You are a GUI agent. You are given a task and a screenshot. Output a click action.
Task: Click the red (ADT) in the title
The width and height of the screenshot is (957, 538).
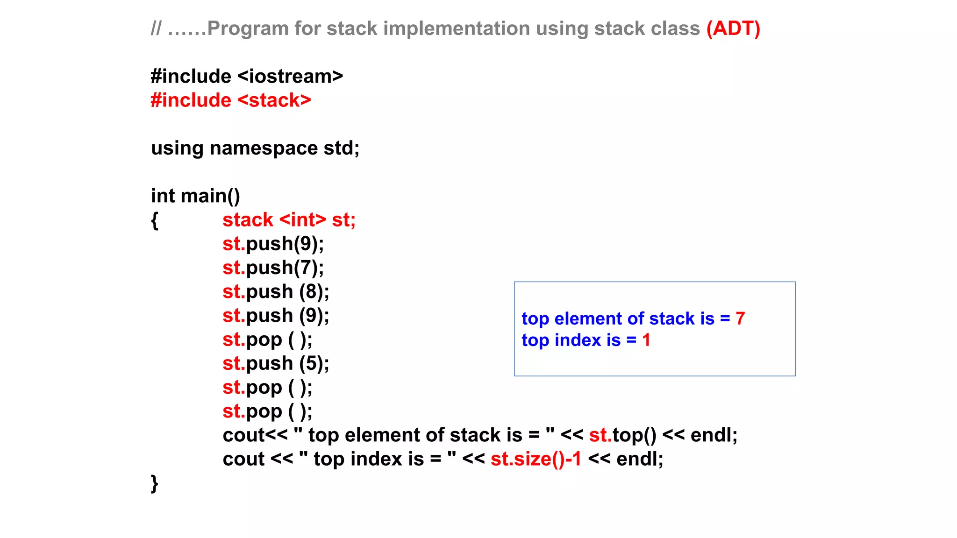[733, 28]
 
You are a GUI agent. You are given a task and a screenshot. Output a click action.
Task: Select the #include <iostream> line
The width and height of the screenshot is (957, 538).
[247, 77]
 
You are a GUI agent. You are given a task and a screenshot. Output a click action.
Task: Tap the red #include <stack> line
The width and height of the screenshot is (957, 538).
[231, 100]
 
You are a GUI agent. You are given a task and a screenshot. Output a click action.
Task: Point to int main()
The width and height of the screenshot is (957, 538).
[195, 196]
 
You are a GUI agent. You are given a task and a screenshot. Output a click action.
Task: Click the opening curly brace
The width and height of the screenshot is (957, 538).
[155, 220]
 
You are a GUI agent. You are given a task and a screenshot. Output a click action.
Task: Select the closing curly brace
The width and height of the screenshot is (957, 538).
[155, 483]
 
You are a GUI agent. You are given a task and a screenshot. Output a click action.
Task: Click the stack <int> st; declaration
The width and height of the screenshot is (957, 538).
[289, 220]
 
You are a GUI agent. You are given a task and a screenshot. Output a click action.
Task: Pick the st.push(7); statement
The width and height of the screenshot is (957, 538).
[273, 268]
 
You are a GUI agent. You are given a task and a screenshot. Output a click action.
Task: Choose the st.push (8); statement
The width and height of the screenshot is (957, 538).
[276, 292]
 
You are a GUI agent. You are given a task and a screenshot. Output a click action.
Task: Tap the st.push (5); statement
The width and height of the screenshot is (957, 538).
[276, 364]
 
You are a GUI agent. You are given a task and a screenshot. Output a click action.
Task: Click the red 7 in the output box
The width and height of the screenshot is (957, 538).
[740, 319]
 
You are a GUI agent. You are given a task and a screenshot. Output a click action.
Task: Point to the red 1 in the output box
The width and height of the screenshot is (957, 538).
[646, 340]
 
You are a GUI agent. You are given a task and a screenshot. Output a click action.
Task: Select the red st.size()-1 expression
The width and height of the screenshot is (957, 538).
[536, 459]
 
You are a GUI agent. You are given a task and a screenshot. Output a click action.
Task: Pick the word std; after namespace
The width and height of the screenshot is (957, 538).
[342, 149]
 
